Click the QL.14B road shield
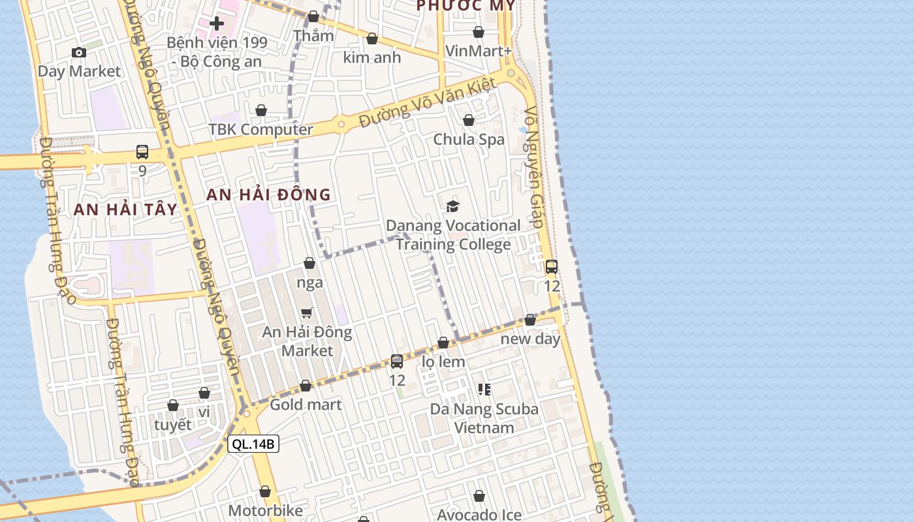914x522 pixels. tap(254, 444)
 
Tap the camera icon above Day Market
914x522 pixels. tap(78, 52)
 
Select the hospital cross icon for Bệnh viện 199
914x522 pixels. tap(217, 24)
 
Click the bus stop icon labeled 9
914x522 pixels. tap(142, 152)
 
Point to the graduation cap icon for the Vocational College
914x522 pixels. tap(452, 207)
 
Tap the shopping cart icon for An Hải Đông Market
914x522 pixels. tap(307, 313)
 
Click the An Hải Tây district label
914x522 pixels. tap(125, 209)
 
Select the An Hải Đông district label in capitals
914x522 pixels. tap(269, 194)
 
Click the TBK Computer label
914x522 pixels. tap(261, 129)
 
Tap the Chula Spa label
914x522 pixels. tap(469, 139)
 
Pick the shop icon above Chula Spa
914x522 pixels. tap(469, 120)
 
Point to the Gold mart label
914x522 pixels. tap(306, 405)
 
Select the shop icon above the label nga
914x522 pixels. tap(309, 263)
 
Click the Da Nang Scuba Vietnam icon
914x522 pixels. tap(484, 390)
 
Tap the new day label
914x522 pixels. tap(530, 339)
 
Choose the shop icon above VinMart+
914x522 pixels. tap(479, 32)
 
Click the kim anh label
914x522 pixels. tap(372, 57)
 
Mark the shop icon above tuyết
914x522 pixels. tap(173, 406)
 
